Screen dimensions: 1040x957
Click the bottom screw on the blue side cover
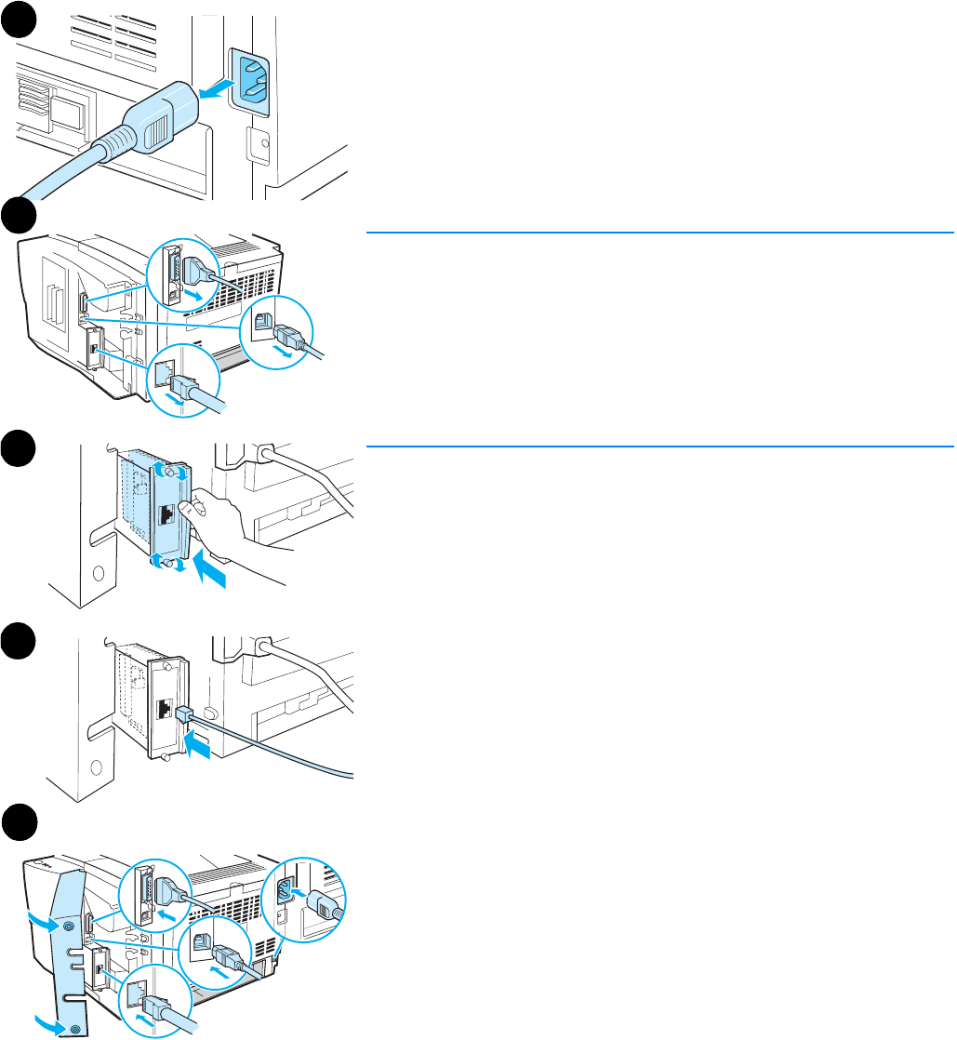point(73,1026)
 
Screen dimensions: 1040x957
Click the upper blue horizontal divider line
point(659,232)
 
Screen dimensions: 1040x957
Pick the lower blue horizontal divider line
point(659,447)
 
